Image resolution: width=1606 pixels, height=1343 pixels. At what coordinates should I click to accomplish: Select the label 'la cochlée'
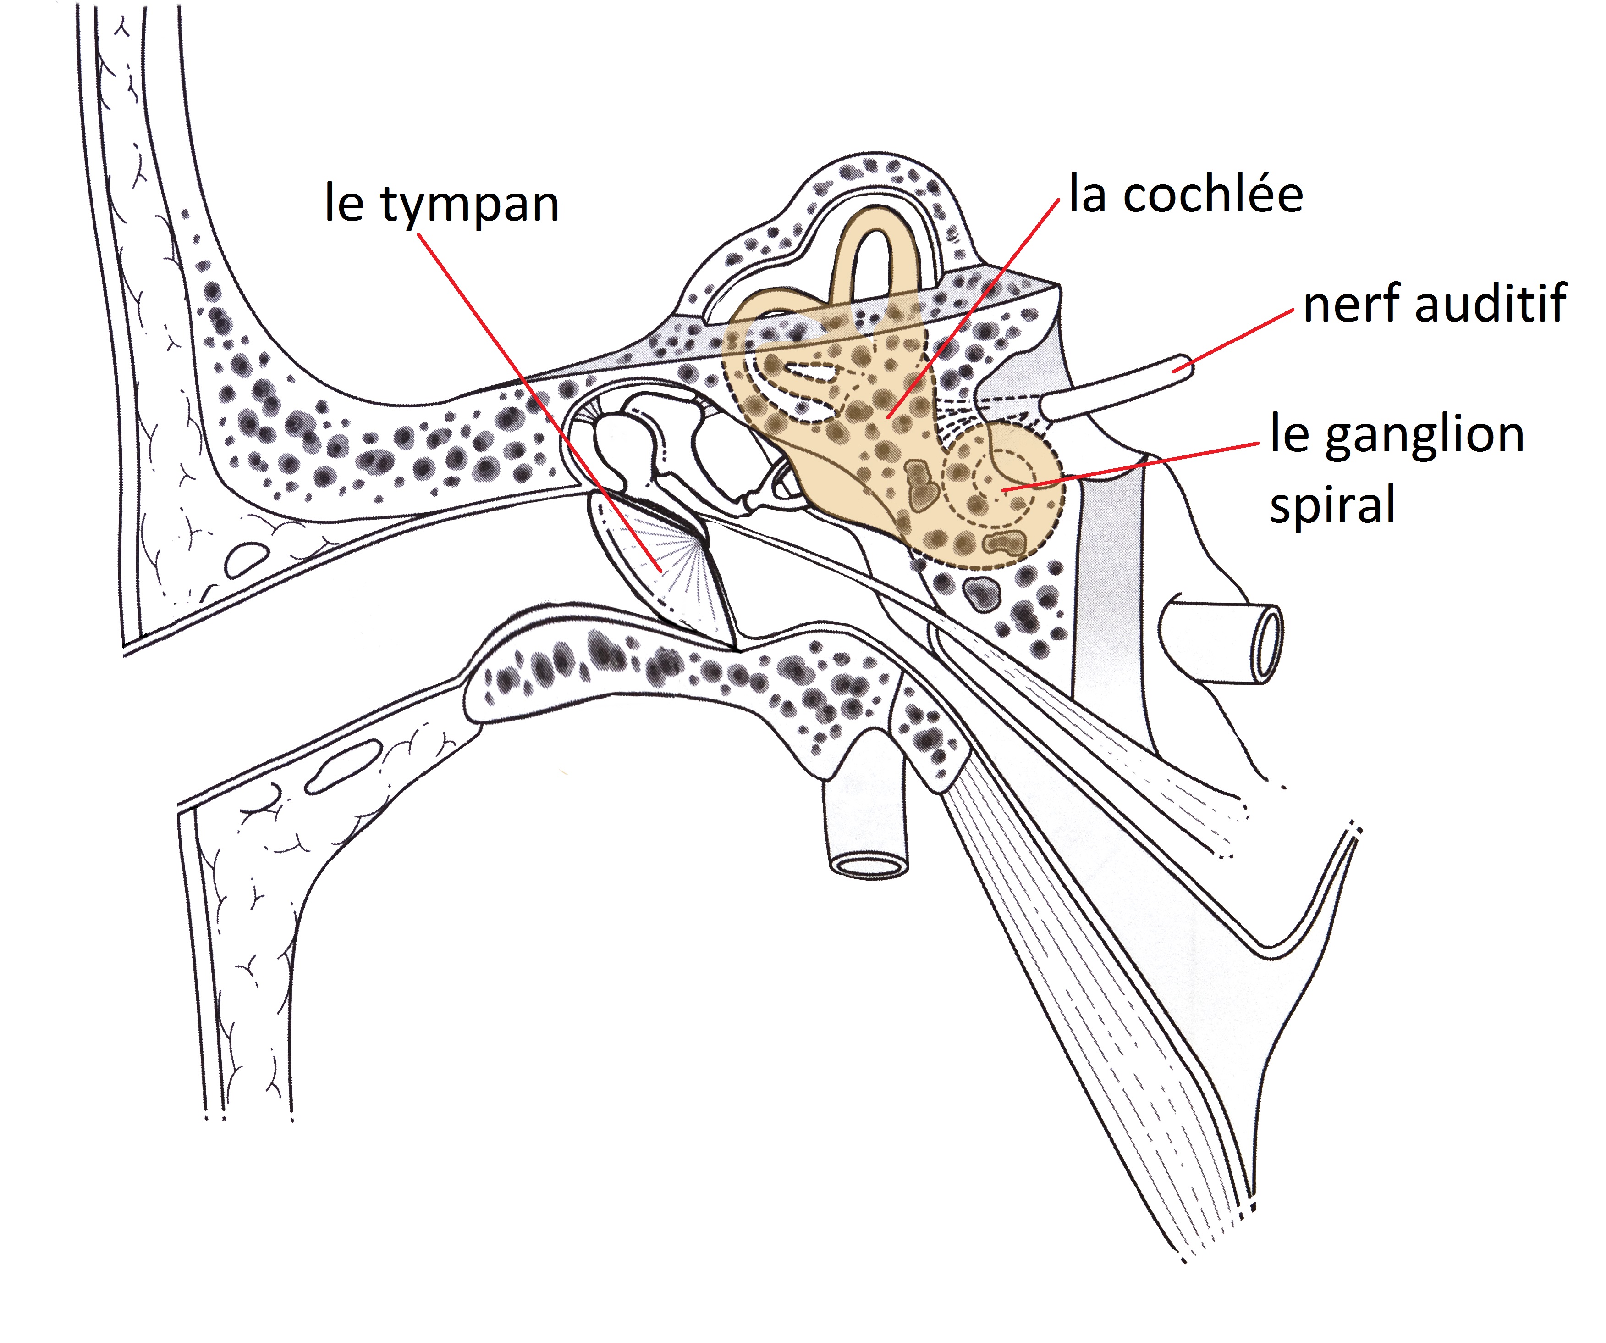tap(1185, 195)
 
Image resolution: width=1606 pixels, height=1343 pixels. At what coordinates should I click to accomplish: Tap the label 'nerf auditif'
tap(1435, 304)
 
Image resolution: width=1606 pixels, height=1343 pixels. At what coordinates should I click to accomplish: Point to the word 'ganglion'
tap(1424, 436)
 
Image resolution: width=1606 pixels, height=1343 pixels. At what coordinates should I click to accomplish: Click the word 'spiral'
tap(1332, 505)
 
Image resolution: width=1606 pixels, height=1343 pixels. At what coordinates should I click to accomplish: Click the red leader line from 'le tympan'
tap(535, 398)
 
